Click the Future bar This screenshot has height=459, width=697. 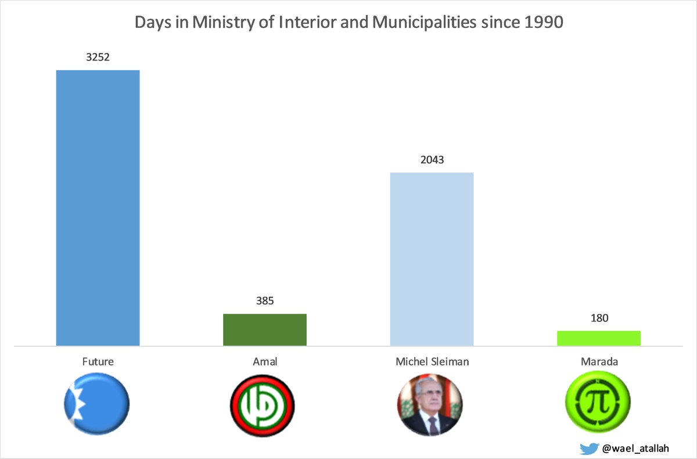pyautogui.click(x=98, y=208)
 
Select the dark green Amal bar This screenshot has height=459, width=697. pyautogui.click(x=265, y=330)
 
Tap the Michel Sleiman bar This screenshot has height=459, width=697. pyautogui.click(x=432, y=259)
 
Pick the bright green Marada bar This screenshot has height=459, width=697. pyautogui.click(x=598, y=338)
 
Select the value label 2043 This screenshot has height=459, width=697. pyautogui.click(x=432, y=159)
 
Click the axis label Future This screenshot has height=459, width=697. pyautogui.click(x=98, y=361)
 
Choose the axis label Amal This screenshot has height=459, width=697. pyautogui.click(x=265, y=361)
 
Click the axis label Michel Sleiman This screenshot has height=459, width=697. pyautogui.click(x=432, y=361)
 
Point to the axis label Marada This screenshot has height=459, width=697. pyautogui.click(x=599, y=361)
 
